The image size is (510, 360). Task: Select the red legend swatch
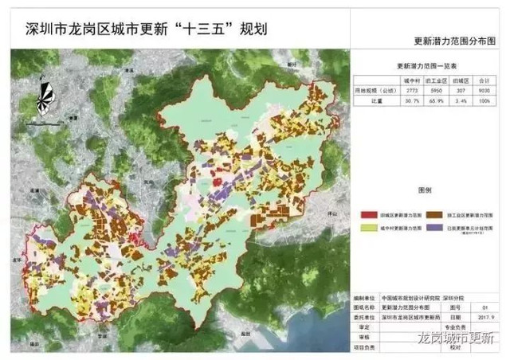366,214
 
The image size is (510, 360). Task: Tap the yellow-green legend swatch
366,228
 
